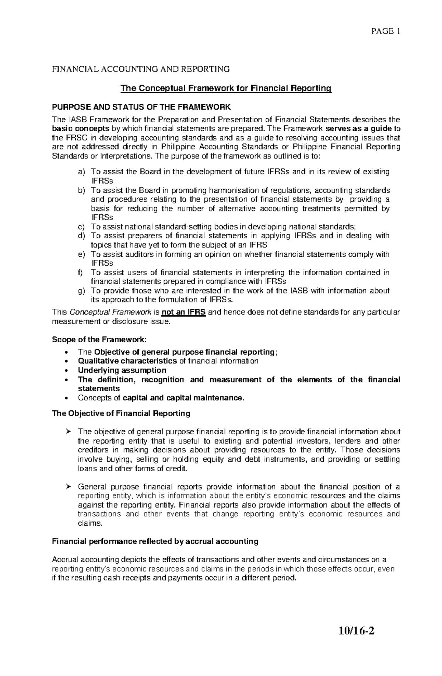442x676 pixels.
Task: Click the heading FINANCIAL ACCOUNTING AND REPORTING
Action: tap(141, 69)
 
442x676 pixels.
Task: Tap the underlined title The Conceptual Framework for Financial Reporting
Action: tap(226, 88)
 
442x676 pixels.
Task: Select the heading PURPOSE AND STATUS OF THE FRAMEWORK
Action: tap(141, 107)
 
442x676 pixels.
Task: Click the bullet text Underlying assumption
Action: tap(122, 370)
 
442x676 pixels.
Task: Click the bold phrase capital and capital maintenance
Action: tap(183, 398)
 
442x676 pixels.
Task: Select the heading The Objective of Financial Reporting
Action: tap(121, 413)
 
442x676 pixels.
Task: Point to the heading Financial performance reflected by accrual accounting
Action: tap(155, 541)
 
